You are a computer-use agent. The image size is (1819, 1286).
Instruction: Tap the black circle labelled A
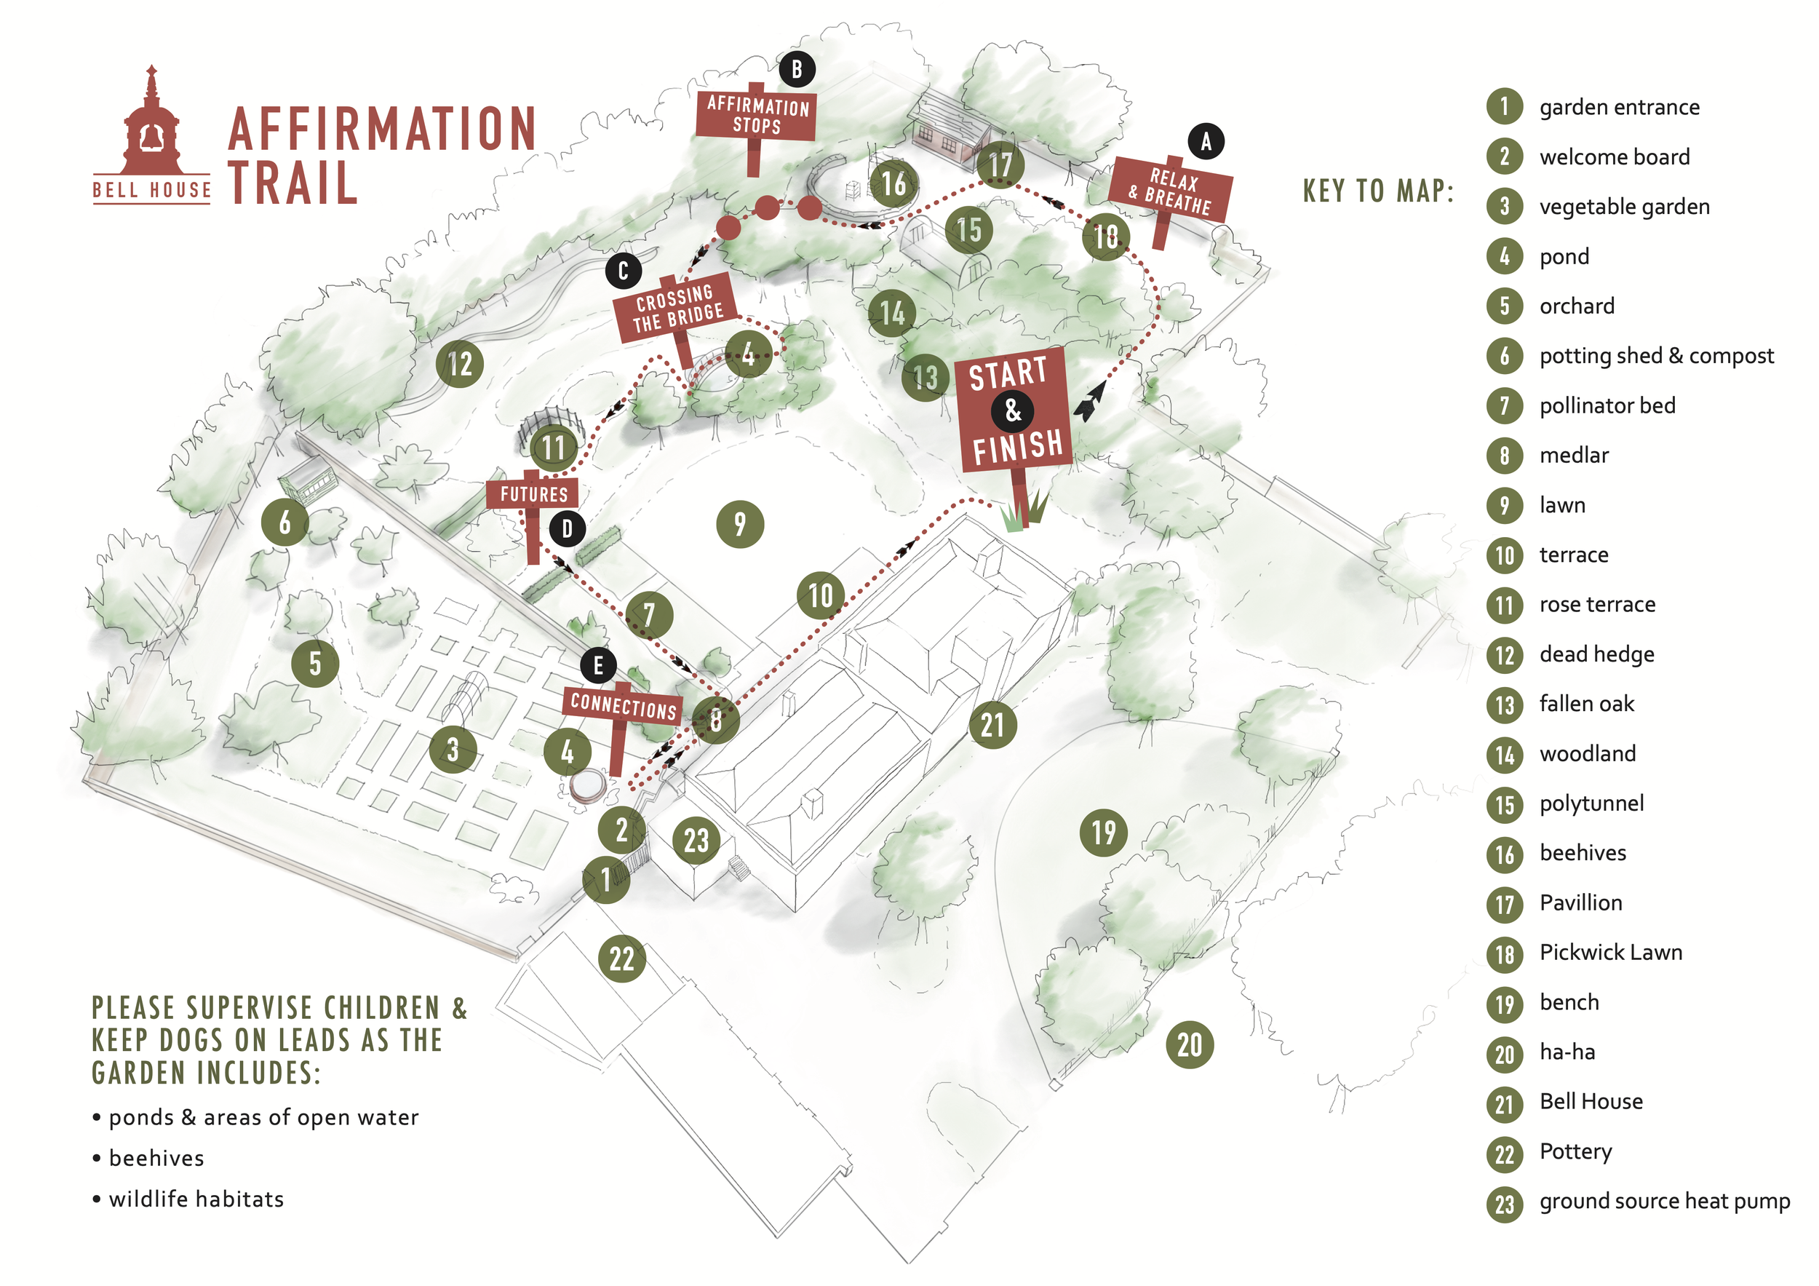tap(1206, 142)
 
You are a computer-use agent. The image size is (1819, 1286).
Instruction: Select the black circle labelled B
tap(797, 70)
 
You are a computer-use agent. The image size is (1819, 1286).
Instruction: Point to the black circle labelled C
tap(624, 271)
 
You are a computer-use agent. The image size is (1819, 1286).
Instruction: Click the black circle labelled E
tap(598, 666)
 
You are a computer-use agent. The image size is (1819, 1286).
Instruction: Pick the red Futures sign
tap(533, 494)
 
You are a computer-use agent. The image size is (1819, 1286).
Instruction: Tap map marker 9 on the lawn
tap(739, 524)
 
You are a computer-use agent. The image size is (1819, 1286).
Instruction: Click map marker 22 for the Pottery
tap(622, 958)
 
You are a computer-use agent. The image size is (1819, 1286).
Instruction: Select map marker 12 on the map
tap(460, 364)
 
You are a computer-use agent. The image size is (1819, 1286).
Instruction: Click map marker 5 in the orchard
tap(314, 663)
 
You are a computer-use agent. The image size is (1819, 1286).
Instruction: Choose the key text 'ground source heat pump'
tap(1664, 1202)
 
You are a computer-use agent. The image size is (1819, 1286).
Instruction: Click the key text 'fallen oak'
tap(1586, 704)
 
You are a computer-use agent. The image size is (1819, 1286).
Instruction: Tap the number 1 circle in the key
tap(1504, 107)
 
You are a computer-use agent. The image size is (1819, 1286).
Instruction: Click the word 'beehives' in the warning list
tap(156, 1159)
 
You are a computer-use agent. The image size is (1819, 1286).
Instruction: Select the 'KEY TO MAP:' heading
tap(1379, 191)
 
